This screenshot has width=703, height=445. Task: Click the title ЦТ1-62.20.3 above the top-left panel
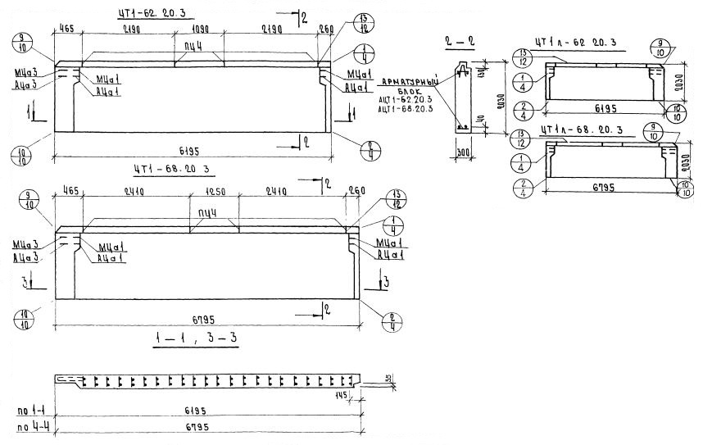coord(156,12)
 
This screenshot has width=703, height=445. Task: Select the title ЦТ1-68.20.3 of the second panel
coord(172,170)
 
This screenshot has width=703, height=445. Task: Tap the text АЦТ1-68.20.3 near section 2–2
coord(406,110)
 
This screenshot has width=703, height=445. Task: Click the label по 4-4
coord(33,426)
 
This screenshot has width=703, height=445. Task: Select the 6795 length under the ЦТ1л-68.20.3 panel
coord(605,186)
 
